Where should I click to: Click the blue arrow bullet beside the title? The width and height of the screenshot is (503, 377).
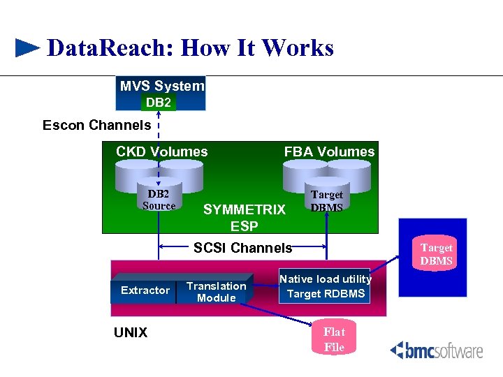coord(27,48)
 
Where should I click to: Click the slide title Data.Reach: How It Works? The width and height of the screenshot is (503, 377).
coord(189,48)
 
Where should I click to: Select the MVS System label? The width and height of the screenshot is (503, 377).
coord(162,86)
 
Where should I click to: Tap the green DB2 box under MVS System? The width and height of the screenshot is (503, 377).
coord(158,103)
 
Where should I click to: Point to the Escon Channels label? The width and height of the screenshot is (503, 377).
coord(96,126)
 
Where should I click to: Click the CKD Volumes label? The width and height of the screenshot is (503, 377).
coord(161,151)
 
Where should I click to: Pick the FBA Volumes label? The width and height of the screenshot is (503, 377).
coord(328,151)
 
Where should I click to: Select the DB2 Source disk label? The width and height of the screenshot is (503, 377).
coord(159,200)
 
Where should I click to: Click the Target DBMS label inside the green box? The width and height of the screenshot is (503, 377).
coord(326,201)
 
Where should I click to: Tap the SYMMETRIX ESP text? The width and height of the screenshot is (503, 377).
coord(244,217)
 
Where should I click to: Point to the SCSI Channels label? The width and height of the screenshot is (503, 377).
coord(242,248)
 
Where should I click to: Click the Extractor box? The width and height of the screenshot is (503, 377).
coord(145,290)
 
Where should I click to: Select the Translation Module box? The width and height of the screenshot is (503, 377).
coord(216,292)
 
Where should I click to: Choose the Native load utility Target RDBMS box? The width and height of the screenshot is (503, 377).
coord(326,286)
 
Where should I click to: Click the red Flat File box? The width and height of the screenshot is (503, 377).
coord(334,339)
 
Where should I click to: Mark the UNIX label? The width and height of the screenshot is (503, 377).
coord(131,333)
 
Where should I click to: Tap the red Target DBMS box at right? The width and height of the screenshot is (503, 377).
coord(436,255)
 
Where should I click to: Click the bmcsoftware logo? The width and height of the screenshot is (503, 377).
coord(436,350)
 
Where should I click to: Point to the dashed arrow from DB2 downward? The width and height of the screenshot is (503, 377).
coord(159,140)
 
